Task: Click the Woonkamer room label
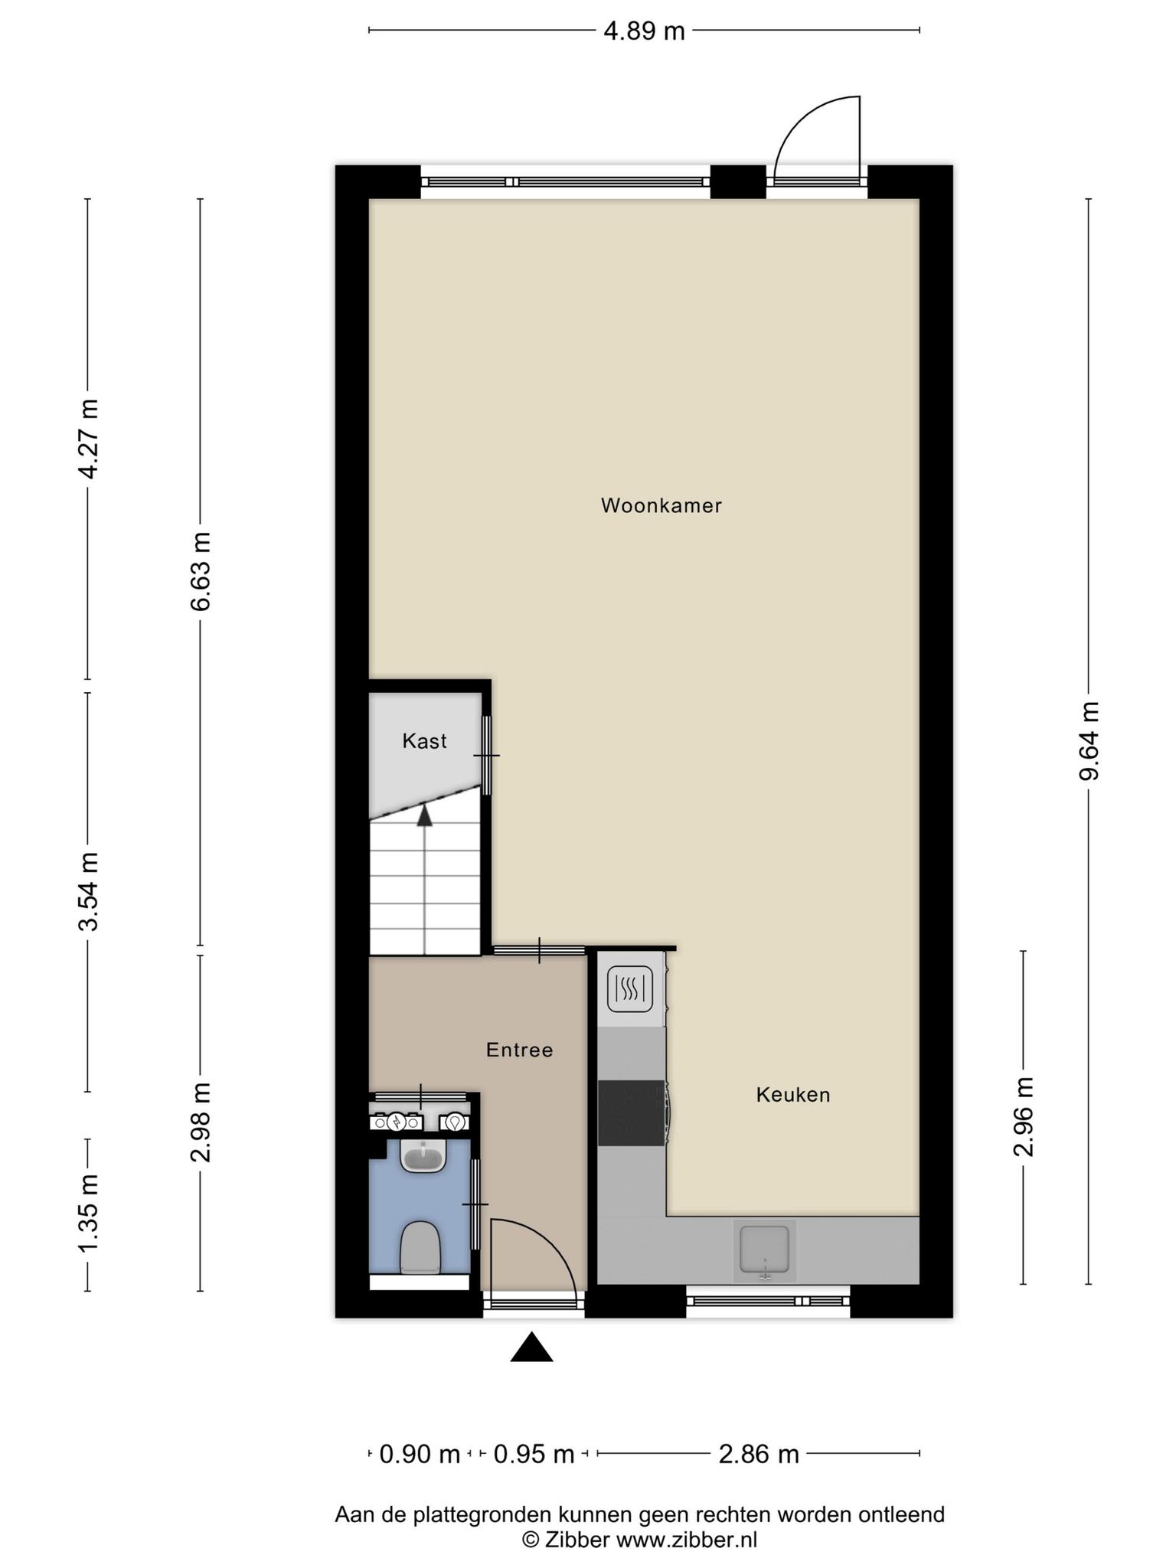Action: [661, 505]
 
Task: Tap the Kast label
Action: [425, 741]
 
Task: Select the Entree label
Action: [520, 1050]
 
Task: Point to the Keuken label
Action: [793, 1095]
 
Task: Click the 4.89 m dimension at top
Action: [644, 31]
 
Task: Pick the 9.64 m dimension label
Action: [1089, 740]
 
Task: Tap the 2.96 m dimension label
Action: [1024, 1116]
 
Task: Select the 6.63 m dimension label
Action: [201, 571]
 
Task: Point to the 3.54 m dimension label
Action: [88, 892]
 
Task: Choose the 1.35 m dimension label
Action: [88, 1214]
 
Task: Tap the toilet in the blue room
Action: [420, 1249]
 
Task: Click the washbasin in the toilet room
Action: [423, 1156]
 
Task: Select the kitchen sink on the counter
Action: [764, 1252]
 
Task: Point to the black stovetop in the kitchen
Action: [632, 1113]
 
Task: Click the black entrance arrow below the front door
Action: [532, 1348]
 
